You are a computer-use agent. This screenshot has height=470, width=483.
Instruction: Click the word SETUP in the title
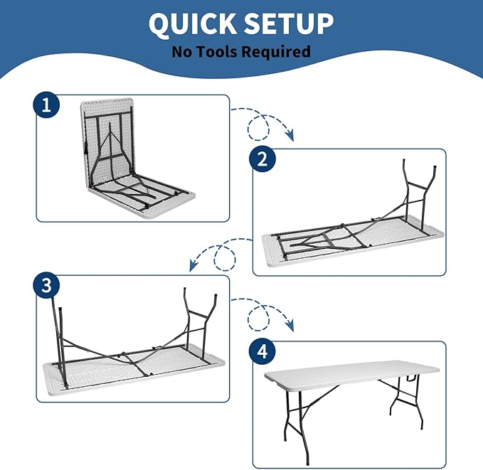coord(288,24)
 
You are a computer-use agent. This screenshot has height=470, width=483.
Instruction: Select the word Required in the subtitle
coord(276,52)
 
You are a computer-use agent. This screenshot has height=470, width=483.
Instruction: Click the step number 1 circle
coord(46,105)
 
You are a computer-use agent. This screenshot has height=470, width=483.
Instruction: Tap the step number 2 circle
coord(262,159)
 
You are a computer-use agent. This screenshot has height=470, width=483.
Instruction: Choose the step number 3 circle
coord(46,285)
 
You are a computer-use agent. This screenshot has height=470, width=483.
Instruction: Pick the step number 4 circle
coord(262,351)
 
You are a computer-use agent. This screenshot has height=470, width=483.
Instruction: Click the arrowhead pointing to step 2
coord(290,136)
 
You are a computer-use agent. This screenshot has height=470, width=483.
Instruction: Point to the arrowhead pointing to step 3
coord(193,265)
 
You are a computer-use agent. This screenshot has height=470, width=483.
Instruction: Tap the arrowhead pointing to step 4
coord(290,326)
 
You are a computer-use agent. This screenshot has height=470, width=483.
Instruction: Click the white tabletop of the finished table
coord(352,375)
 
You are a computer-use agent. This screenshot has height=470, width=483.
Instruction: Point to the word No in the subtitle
coord(182,51)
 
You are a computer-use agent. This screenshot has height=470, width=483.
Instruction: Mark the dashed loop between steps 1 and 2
coord(258,127)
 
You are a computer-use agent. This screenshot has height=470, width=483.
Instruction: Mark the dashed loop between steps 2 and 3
coord(225,258)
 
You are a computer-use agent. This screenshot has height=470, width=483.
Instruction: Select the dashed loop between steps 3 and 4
coord(258,318)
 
